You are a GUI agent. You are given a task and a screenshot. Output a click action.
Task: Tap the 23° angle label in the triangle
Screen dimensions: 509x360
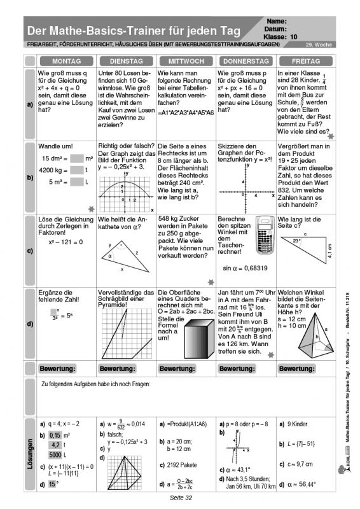tap(296, 241)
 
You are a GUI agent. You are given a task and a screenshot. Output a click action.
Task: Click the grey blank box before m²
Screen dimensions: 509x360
tap(77, 158)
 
